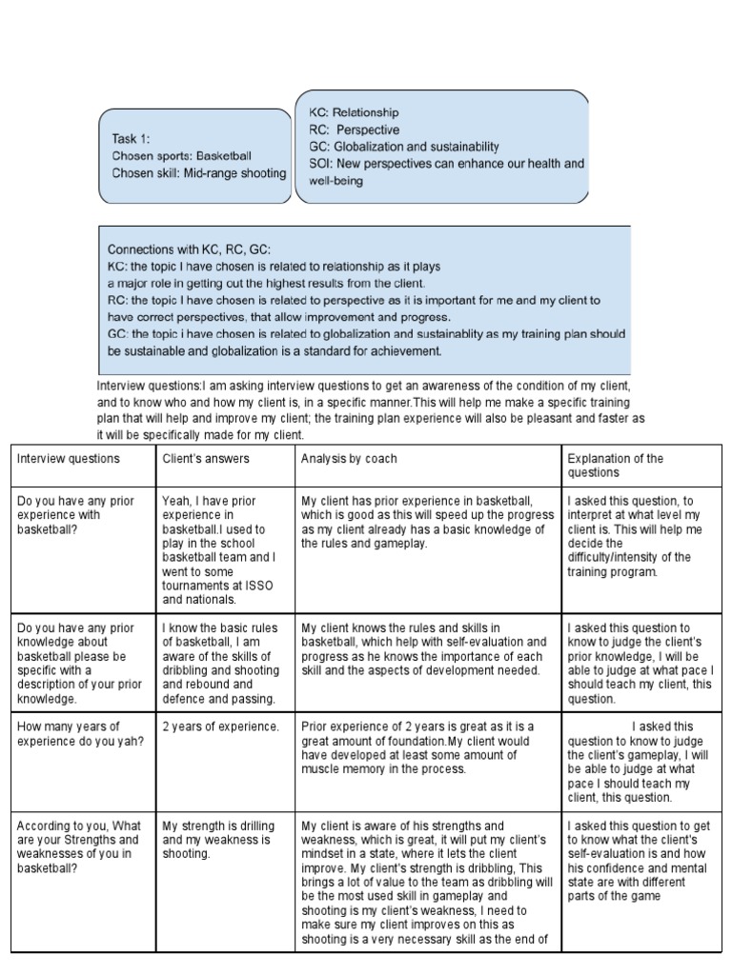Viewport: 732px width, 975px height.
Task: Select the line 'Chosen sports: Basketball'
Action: tap(181, 155)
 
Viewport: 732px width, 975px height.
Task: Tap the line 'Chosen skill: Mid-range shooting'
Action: tap(198, 173)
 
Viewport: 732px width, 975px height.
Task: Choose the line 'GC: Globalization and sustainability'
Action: tap(403, 147)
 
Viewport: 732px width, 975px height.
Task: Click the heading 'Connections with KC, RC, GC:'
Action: tap(188, 249)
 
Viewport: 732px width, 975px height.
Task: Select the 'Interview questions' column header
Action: tap(69, 459)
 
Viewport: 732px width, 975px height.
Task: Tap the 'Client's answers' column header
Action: tap(206, 459)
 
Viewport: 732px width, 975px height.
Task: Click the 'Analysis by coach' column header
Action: tap(349, 459)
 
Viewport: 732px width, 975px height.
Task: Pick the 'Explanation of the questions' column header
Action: tap(615, 466)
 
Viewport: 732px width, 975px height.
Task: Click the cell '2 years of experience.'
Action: tap(220, 727)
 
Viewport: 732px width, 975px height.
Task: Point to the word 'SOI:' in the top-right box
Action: tap(320, 164)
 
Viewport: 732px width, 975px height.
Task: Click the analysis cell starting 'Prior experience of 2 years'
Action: tap(417, 747)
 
